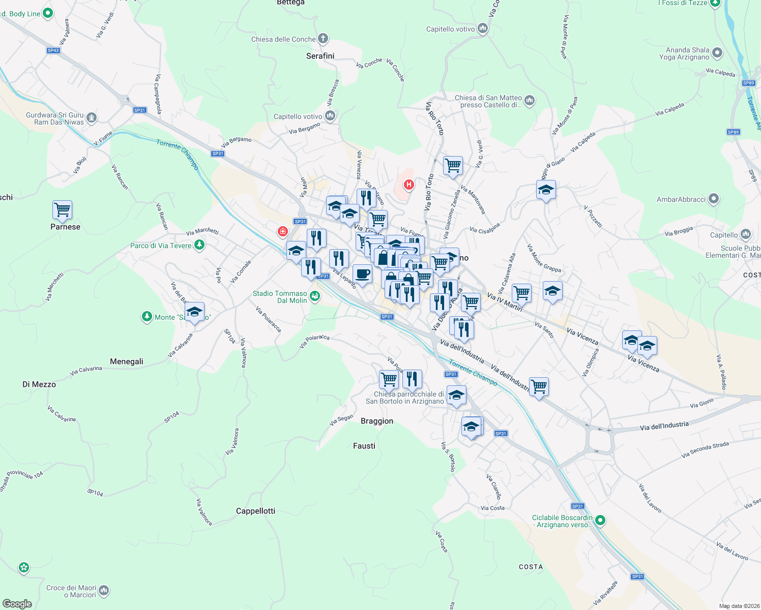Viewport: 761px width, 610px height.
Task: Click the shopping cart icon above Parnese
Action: point(62,210)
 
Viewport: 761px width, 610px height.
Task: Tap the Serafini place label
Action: point(320,56)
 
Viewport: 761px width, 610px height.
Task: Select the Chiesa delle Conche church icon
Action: point(323,39)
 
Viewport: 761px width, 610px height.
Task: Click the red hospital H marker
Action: point(408,185)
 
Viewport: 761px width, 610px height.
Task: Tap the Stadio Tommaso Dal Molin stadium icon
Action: point(315,296)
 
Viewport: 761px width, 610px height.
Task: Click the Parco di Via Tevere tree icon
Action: point(199,246)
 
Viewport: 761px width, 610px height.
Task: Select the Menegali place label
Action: point(126,361)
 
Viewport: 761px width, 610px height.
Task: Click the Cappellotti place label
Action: point(255,511)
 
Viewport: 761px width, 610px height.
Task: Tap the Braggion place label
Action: point(377,421)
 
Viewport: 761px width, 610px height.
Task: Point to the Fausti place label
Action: point(364,446)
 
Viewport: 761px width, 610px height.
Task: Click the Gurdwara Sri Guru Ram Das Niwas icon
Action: point(92,118)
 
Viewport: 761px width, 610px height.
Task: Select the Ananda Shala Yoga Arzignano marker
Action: point(717,52)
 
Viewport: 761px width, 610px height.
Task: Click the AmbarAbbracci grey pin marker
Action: point(714,199)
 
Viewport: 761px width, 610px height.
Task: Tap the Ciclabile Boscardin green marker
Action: point(600,521)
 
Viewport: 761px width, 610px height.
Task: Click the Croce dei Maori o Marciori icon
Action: point(104,590)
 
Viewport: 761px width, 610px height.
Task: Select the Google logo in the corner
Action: point(17,604)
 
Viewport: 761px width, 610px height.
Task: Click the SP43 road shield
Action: point(53,50)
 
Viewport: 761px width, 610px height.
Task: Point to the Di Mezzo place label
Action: point(39,384)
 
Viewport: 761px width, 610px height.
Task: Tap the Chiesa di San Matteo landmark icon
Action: point(530,101)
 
